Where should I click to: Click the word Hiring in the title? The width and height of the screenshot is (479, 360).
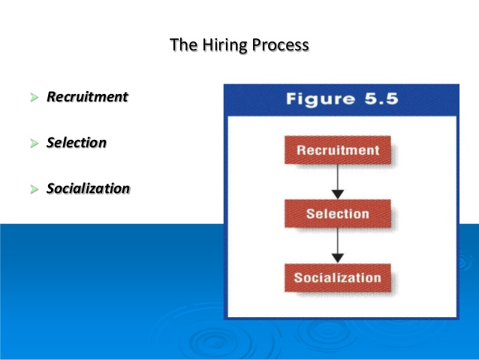tap(225, 45)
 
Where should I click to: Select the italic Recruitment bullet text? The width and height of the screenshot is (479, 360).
tap(87, 97)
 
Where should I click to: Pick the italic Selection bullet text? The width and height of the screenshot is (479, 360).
tap(77, 143)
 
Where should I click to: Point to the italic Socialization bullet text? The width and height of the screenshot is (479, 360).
tap(88, 189)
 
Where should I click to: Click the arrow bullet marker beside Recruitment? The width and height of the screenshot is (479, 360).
tap(34, 98)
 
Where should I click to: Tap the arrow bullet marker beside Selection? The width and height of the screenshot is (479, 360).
tap(34, 144)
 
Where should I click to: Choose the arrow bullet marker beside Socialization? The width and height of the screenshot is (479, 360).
tap(34, 189)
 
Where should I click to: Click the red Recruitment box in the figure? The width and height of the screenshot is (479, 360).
tap(337, 150)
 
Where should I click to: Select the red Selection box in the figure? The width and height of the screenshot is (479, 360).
tap(337, 214)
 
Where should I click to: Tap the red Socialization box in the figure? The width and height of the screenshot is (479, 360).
tap(337, 278)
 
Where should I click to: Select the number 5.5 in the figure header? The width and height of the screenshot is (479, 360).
tap(376, 100)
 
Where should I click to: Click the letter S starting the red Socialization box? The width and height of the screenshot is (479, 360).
tap(298, 278)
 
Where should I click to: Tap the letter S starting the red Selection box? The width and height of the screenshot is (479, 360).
tap(310, 214)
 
